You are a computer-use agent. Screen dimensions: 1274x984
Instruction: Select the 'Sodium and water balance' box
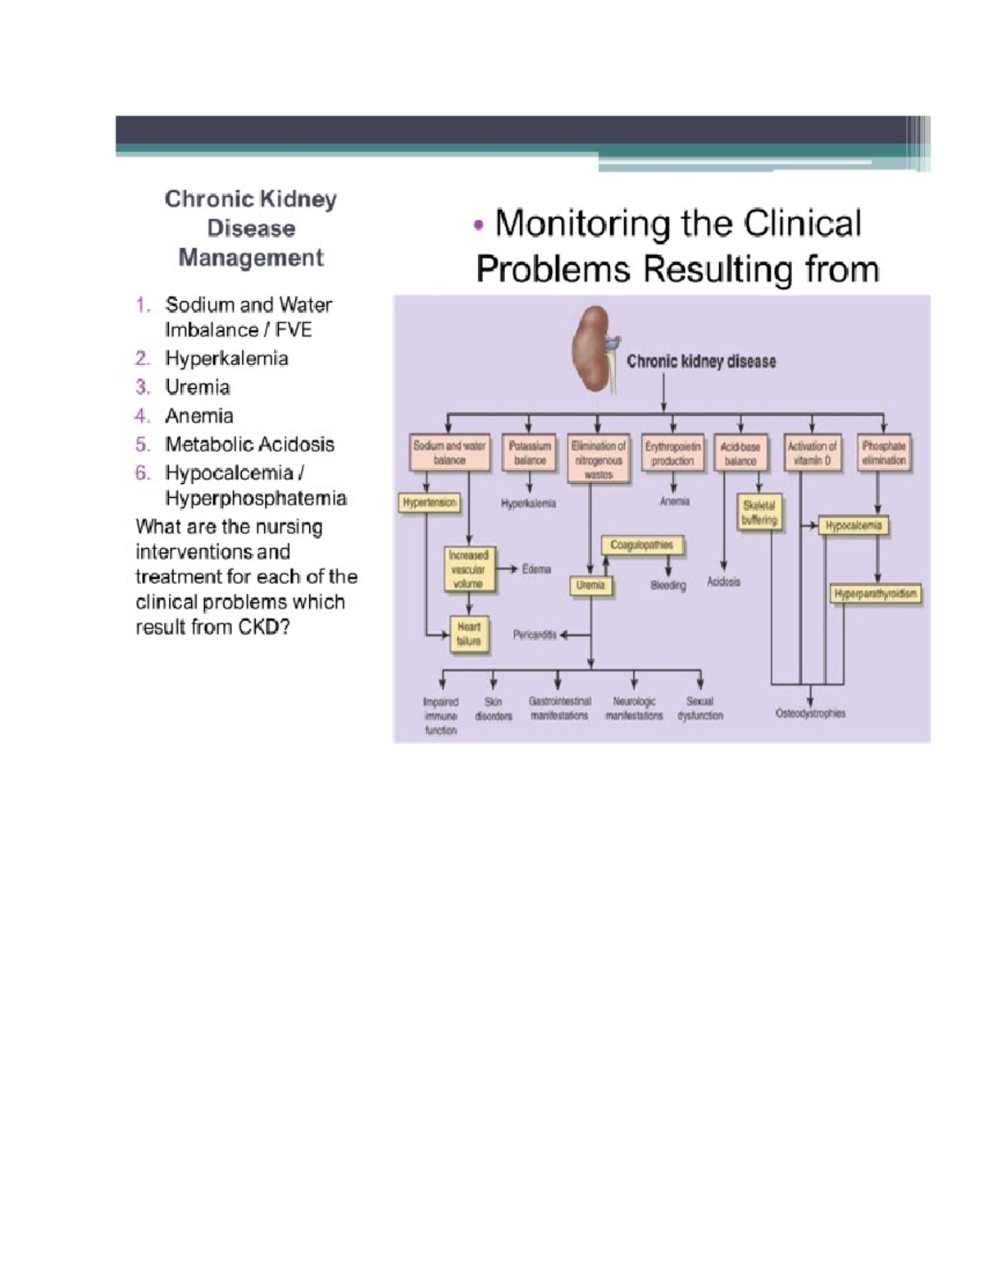click(449, 453)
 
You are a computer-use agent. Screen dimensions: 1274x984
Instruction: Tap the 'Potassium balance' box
click(530, 453)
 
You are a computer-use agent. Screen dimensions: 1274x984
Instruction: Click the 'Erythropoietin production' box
click(672, 453)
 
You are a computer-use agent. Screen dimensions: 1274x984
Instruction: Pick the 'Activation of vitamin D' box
click(812, 453)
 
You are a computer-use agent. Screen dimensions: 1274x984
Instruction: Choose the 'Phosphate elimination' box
click(884, 453)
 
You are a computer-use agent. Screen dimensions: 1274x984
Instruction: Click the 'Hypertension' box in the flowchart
click(430, 503)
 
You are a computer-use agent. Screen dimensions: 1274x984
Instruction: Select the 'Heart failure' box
click(469, 634)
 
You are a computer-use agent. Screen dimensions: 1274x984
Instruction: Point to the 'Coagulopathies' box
click(642, 546)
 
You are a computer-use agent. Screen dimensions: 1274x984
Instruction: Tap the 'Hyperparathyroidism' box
click(876, 594)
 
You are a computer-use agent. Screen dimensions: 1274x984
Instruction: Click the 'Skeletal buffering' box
click(759, 513)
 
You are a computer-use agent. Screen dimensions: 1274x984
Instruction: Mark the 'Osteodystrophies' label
click(810, 714)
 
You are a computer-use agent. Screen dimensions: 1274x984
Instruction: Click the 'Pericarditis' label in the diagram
click(535, 634)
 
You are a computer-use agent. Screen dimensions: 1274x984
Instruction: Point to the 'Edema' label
click(536, 569)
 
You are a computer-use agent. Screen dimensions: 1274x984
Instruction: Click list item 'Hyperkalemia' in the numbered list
click(226, 358)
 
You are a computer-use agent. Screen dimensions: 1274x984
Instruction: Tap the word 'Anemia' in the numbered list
click(199, 416)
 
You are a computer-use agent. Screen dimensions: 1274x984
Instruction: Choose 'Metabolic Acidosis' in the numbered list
click(249, 445)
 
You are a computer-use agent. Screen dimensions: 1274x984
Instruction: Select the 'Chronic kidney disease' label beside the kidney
click(701, 361)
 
